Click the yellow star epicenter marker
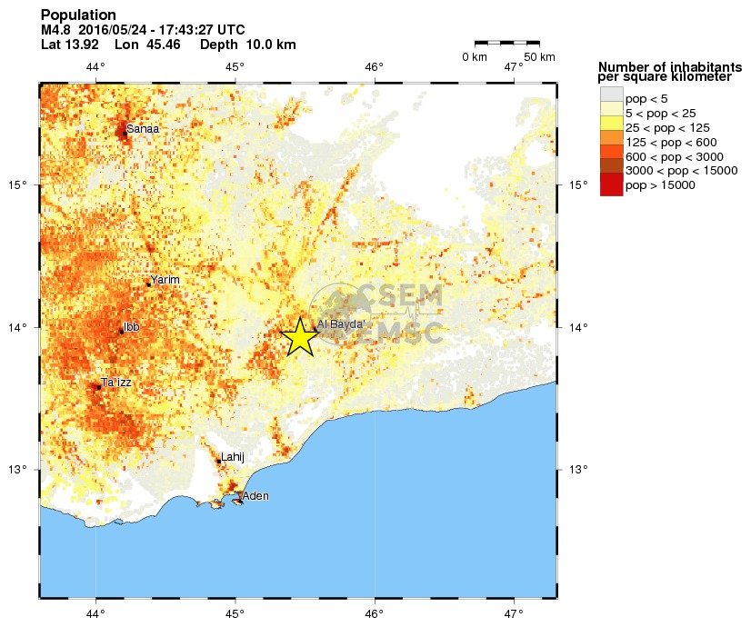click(300, 337)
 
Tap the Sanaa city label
click(143, 129)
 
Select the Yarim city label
click(165, 280)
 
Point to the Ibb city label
click(131, 326)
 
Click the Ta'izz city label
click(116, 383)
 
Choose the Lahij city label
click(234, 456)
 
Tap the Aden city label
click(255, 496)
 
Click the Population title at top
click(78, 15)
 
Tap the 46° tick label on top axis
click(374, 66)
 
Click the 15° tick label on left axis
click(18, 185)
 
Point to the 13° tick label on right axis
click(578, 470)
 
